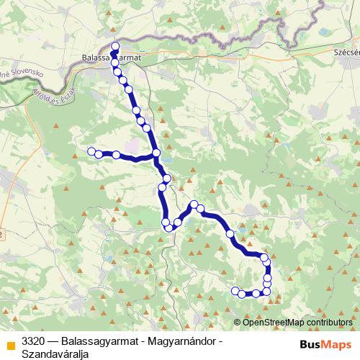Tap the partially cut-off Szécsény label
point(346,53)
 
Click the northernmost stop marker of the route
point(114,45)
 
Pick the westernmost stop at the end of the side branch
point(91,151)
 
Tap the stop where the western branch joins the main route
point(156,153)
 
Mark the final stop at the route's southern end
point(235,291)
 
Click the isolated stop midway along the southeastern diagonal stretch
point(230,234)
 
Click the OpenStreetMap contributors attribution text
point(297,322)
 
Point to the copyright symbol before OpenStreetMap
point(238,322)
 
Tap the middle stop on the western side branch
point(116,155)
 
